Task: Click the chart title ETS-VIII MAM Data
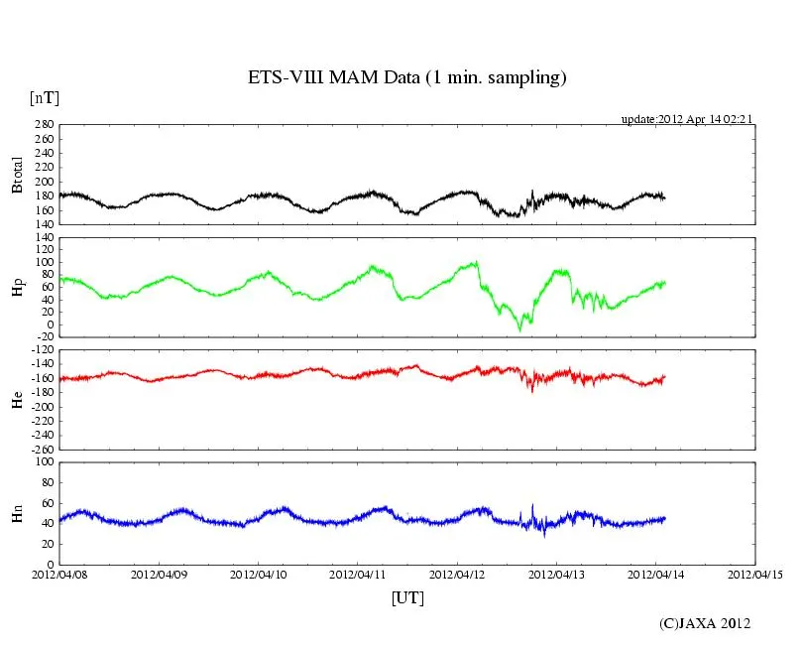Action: click(406, 77)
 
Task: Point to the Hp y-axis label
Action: click(17, 287)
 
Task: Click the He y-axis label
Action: click(17, 400)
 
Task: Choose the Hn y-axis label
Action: click(17, 512)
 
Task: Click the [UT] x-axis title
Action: click(407, 597)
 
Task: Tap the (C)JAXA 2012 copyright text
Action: click(705, 623)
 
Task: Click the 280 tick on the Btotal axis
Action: click(44, 125)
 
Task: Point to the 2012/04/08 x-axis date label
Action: click(59, 574)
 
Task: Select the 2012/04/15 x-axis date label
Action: click(755, 574)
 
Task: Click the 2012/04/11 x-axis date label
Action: click(358, 574)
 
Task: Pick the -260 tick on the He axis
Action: click(41, 449)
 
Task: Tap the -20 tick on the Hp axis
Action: click(44, 336)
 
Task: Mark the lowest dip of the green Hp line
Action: click(519, 330)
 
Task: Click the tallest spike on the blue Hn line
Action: click(533, 505)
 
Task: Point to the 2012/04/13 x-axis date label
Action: click(557, 574)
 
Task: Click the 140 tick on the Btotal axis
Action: click(44, 224)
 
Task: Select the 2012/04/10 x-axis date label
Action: click(259, 574)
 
